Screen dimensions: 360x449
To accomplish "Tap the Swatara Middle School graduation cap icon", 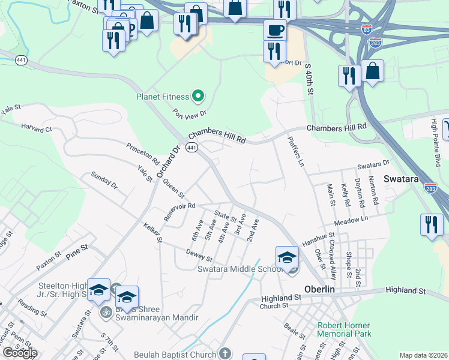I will (288, 258).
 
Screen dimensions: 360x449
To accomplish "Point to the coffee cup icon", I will (275, 29).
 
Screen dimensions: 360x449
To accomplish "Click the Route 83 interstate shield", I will (367, 29).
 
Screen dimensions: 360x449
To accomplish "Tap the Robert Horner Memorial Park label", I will (344, 330).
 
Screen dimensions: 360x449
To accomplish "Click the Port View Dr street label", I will (189, 112).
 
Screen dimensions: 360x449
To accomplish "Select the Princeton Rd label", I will (143, 154).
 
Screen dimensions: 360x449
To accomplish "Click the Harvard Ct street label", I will (37, 128).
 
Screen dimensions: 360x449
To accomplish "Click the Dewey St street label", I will (199, 256).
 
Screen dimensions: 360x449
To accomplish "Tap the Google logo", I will (20, 353).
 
